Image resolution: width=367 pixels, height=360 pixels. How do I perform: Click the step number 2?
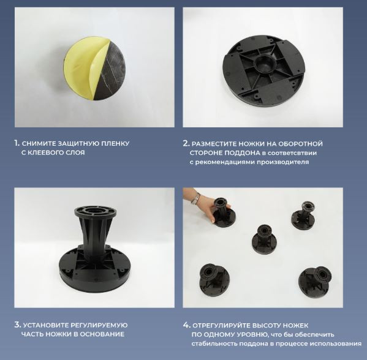click(x=186, y=143)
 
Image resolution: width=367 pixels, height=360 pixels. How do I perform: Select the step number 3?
click(x=17, y=324)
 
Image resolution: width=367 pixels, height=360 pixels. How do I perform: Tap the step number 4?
click(x=186, y=325)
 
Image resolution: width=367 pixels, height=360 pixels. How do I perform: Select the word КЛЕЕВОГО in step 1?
click(x=45, y=152)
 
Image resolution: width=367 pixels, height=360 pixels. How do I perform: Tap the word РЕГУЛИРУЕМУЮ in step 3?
click(x=99, y=325)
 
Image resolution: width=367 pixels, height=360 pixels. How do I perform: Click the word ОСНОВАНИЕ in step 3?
click(x=102, y=334)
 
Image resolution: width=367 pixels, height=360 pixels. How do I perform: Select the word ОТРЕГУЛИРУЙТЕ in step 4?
click(x=221, y=325)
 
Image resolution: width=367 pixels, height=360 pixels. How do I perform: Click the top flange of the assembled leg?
click(x=96, y=212)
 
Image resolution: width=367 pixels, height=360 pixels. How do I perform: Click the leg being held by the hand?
click(x=224, y=212)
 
